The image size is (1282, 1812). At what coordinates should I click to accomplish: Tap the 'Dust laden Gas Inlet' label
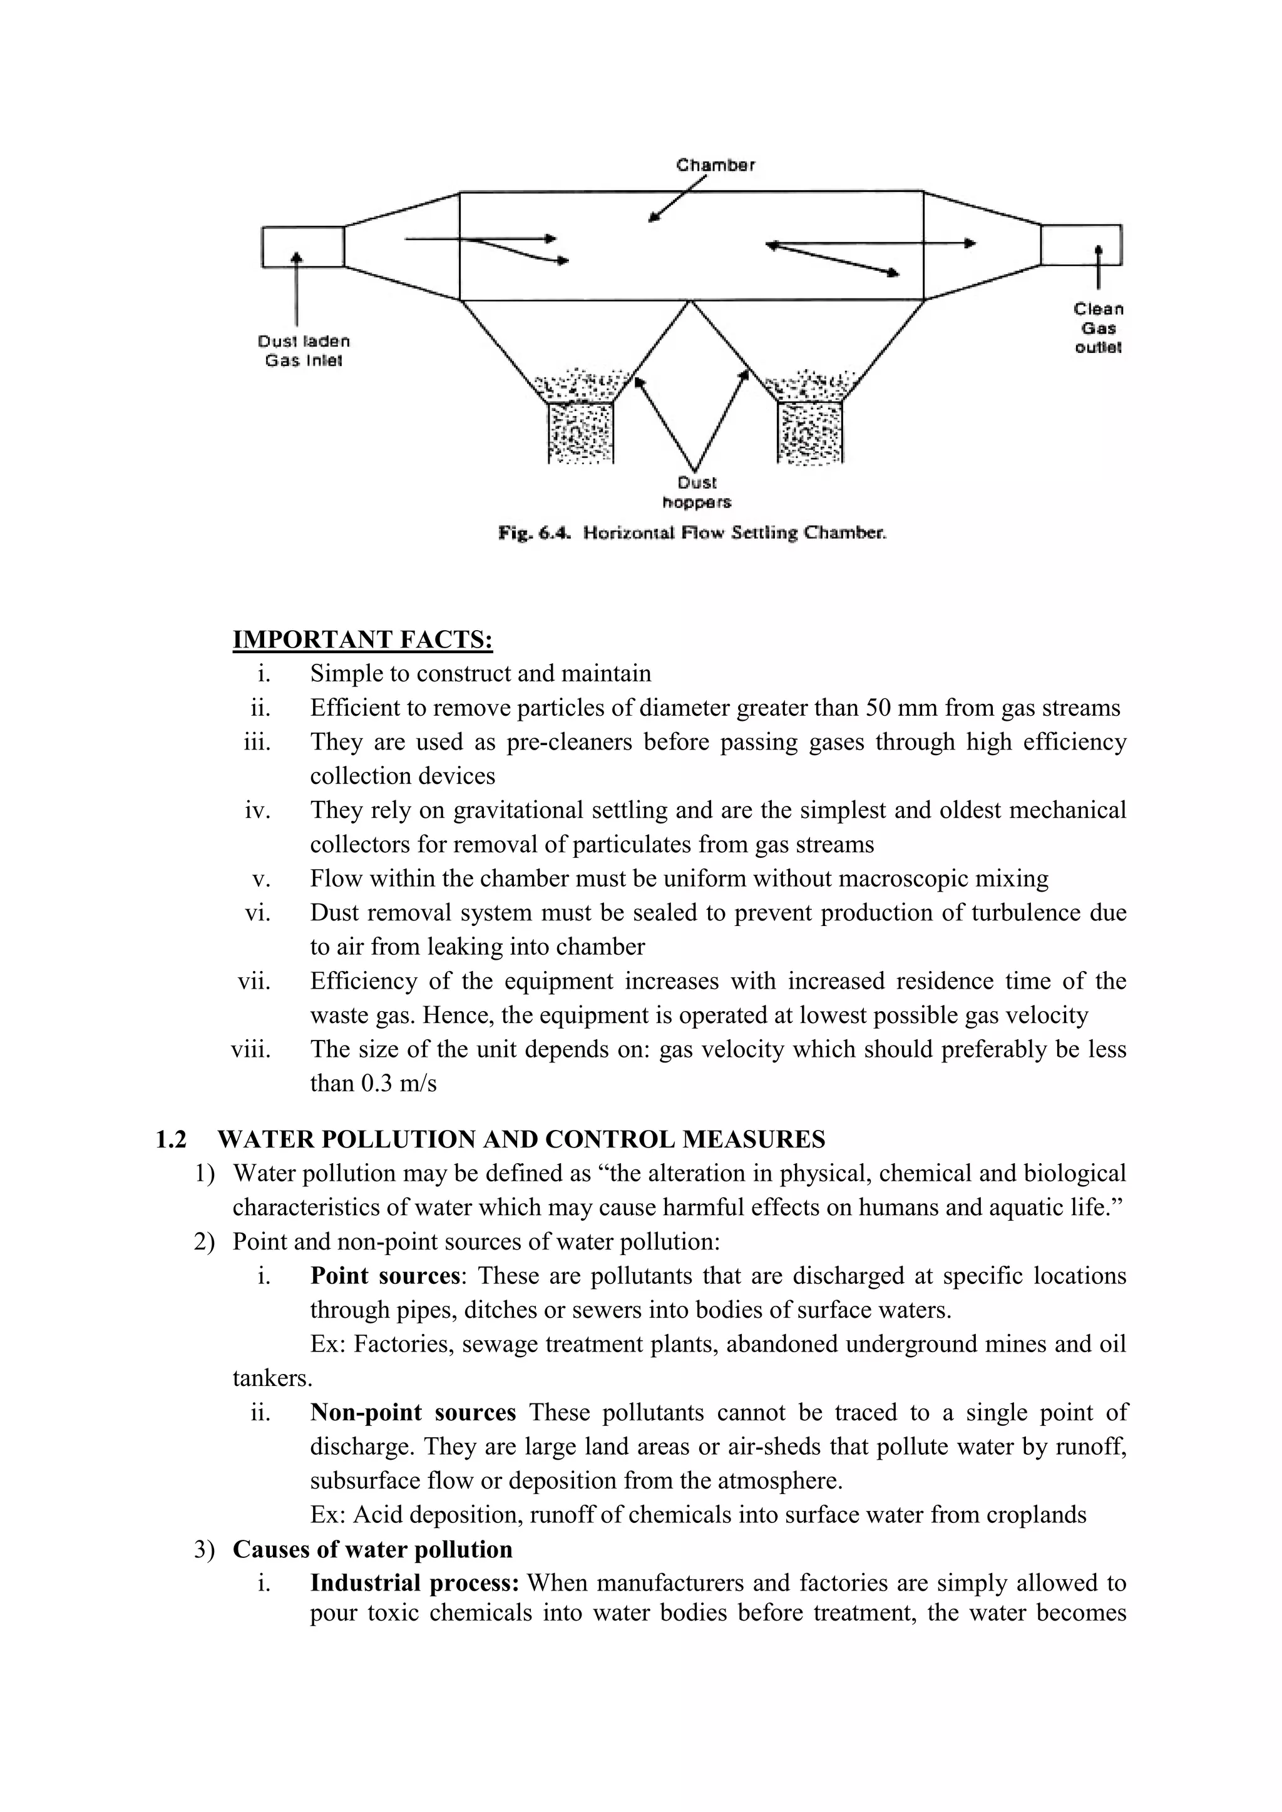click(x=304, y=351)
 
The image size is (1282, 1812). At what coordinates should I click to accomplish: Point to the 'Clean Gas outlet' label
click(x=1098, y=328)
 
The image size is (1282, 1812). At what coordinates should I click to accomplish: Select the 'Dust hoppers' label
click(x=696, y=492)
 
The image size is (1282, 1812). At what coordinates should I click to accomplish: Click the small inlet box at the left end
click(x=302, y=247)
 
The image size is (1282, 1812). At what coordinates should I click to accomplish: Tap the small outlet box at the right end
click(x=1080, y=245)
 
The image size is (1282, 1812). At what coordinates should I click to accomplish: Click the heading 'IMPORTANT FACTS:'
click(x=362, y=639)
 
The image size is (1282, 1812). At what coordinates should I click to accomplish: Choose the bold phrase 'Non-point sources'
click(x=413, y=1413)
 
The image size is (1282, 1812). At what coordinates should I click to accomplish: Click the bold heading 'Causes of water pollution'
click(x=372, y=1549)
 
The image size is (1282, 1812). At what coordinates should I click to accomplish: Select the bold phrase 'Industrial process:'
click(x=414, y=1583)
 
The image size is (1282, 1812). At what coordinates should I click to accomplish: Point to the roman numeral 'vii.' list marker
click(x=254, y=981)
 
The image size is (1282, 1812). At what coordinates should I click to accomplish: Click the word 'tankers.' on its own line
click(x=272, y=1379)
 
